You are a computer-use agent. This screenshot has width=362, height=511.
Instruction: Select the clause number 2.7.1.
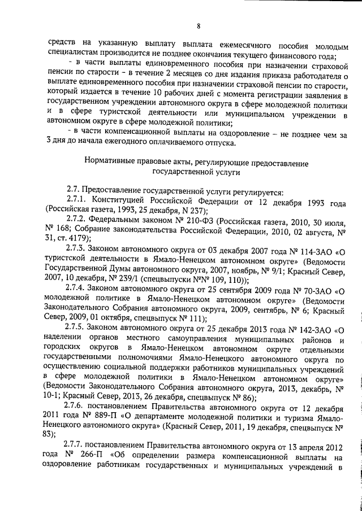pyautogui.click(x=76, y=202)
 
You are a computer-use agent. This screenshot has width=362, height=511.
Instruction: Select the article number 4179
pyautogui.click(x=67, y=238)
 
